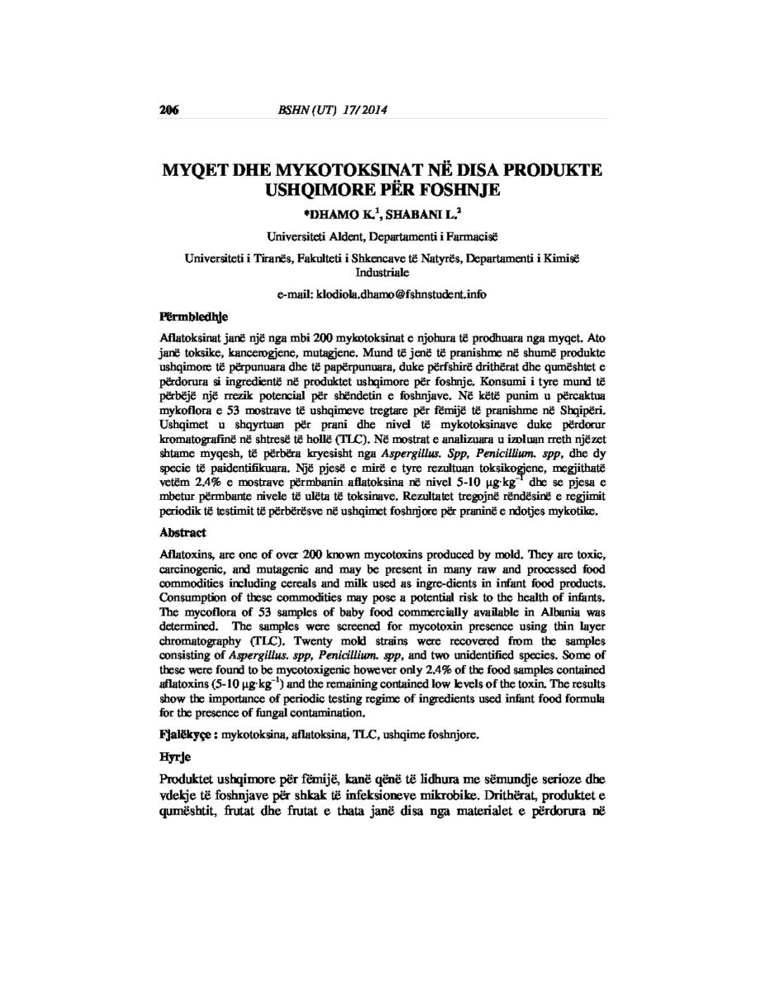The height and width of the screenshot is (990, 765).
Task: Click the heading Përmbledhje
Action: [193, 316]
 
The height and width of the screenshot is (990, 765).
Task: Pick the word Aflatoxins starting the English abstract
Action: [187, 556]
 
